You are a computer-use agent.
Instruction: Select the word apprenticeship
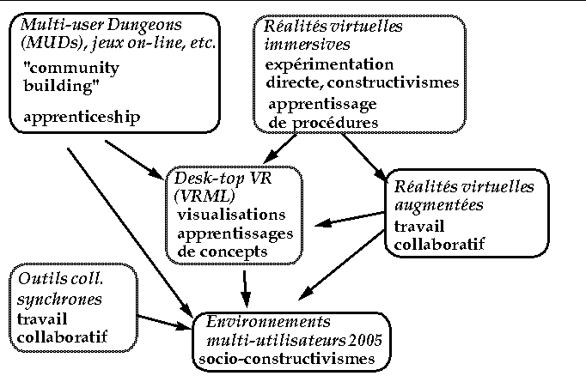[x=82, y=115]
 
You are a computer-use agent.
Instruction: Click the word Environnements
[x=264, y=323]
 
